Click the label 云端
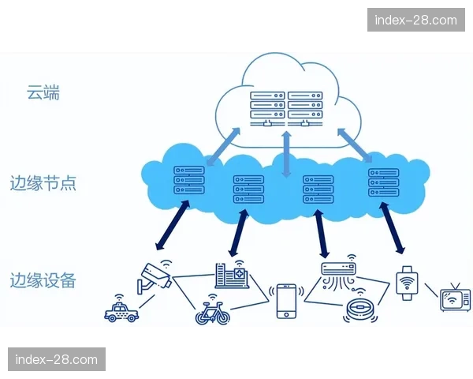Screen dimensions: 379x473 [43, 94]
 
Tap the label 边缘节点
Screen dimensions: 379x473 [43, 184]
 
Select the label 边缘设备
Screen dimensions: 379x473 [43, 280]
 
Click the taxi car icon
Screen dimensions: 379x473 [121, 311]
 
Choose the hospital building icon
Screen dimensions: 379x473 [232, 275]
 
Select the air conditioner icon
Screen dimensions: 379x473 [340, 273]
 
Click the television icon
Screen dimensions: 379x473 [454, 299]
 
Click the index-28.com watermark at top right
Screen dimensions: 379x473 [415, 20]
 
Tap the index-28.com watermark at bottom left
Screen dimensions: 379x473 [57, 360]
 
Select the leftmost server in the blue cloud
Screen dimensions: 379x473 [189, 179]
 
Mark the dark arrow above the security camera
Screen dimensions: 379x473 [172, 227]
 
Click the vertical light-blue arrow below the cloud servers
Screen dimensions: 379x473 [287, 153]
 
